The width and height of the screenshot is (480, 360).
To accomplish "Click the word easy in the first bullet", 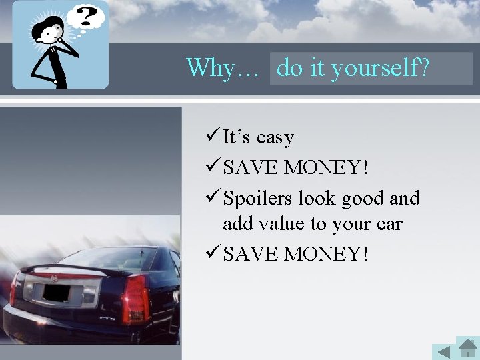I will click(x=275, y=137).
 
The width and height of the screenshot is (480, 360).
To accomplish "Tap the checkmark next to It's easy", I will click(x=213, y=137).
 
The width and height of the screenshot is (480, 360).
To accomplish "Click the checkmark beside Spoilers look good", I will click(x=213, y=198).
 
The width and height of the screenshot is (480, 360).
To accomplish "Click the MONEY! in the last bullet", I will click(x=325, y=254).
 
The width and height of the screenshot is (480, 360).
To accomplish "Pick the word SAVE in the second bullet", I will click(x=251, y=168).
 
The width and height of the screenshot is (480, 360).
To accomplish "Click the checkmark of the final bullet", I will click(x=213, y=253).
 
